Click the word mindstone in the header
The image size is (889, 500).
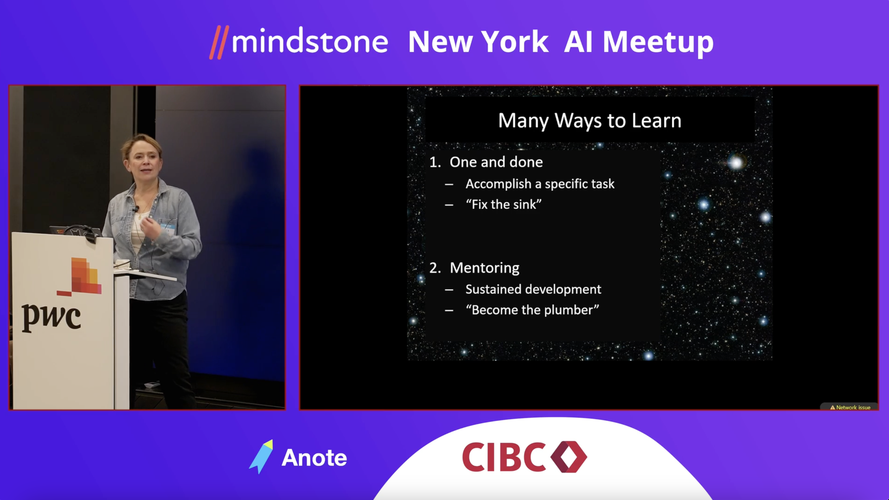310,41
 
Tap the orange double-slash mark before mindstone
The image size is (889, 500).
219,43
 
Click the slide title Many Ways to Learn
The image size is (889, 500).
590,121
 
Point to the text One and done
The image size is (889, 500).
496,162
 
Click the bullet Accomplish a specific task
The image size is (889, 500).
540,184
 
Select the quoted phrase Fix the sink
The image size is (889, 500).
504,204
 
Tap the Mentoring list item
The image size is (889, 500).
484,268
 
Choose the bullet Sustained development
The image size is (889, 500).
533,289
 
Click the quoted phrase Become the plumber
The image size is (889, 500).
532,310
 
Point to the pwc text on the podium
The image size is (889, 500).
51,317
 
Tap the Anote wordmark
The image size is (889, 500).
314,458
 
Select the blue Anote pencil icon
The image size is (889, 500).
262,457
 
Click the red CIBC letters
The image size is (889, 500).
504,457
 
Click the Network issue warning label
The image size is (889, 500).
850,408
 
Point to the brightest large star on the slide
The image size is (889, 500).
735,162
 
